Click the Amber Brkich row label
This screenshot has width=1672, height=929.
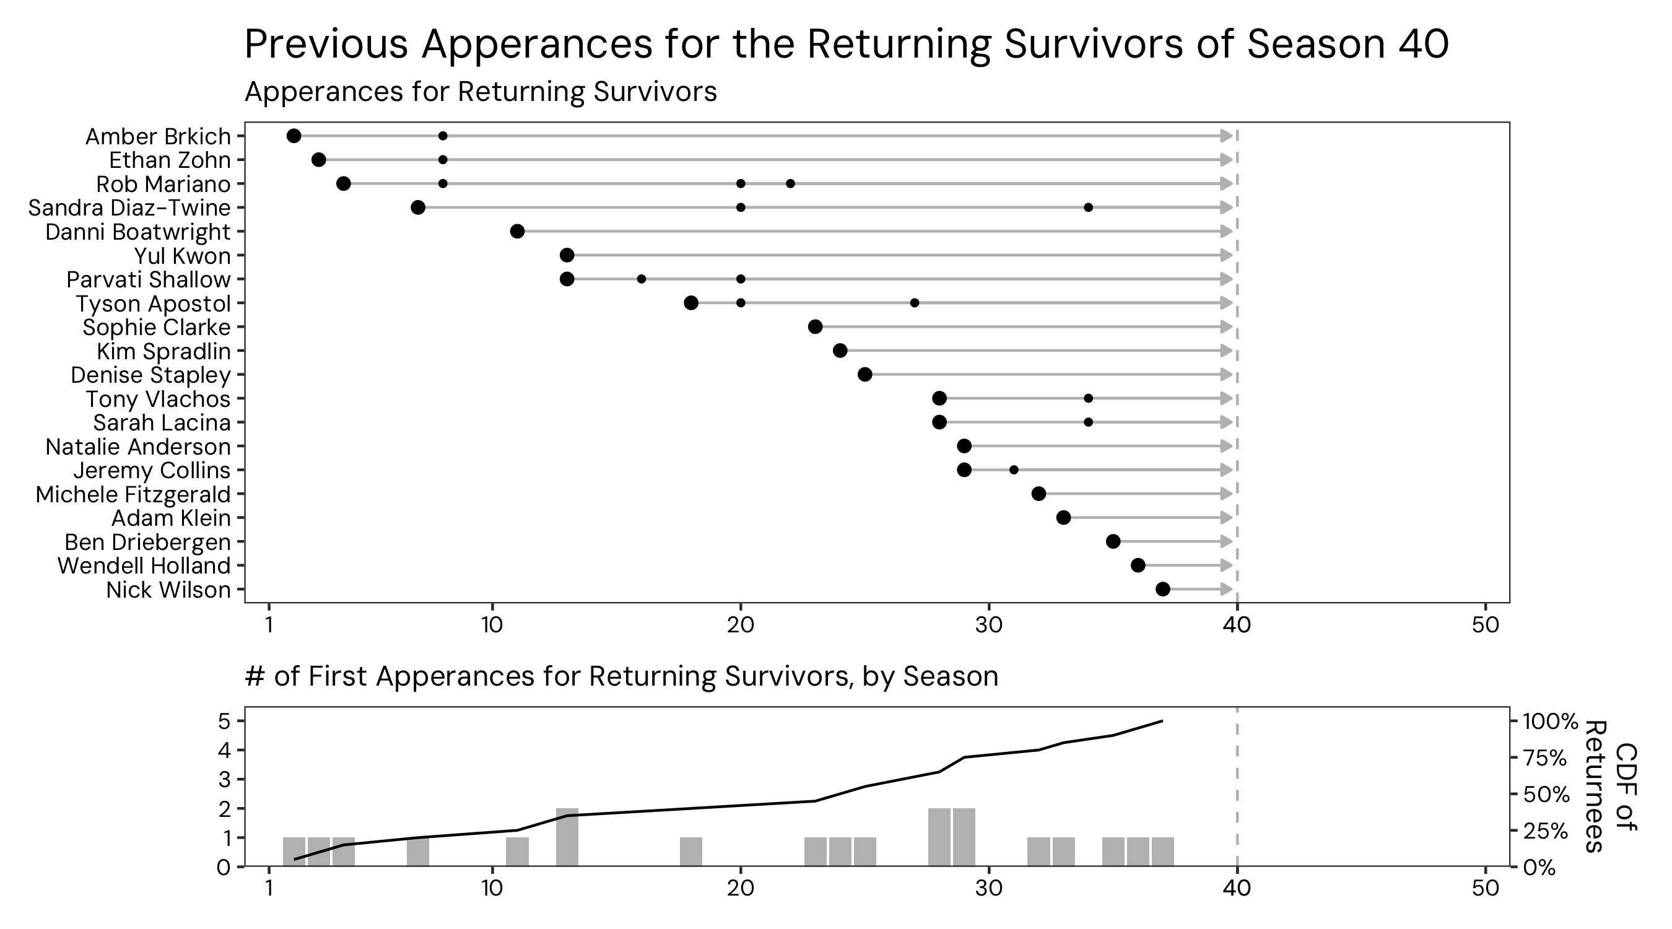158,136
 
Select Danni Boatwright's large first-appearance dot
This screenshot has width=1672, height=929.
517,231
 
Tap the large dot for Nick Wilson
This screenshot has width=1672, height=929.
1162,590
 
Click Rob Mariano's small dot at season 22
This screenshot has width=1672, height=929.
790,184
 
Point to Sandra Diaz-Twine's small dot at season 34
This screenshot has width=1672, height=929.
1089,207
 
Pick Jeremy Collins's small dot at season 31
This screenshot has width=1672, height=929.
1014,470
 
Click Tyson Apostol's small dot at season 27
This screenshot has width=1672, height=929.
915,303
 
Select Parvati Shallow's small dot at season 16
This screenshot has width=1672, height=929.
642,279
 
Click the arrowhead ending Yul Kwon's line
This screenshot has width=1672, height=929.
1226,255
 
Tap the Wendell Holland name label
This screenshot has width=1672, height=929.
144,566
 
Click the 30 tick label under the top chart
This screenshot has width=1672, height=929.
988,625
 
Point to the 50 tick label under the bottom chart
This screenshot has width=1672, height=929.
1485,888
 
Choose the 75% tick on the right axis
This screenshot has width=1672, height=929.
1548,757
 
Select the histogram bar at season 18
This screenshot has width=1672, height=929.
690,852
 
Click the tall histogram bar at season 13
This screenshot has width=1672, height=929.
567,837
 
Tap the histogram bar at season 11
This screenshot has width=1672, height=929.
517,852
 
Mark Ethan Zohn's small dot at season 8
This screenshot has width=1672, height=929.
443,160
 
